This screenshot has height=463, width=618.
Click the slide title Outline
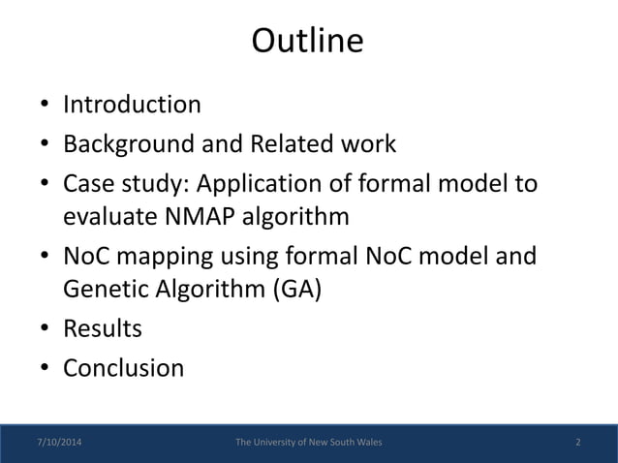pos(308,42)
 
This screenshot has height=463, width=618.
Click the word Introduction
pos(132,104)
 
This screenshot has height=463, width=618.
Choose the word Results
pos(103,329)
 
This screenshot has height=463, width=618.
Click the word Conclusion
pos(123,369)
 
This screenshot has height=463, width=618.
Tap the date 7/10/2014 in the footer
pos(59,443)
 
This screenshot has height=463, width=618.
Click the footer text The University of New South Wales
pos(309,443)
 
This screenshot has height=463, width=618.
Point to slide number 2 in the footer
pos(577,443)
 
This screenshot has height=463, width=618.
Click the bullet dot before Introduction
pos(46,106)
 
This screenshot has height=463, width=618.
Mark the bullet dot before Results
pos(46,331)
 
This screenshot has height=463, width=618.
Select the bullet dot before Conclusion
pos(46,371)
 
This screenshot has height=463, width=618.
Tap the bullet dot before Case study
pos(46,186)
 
